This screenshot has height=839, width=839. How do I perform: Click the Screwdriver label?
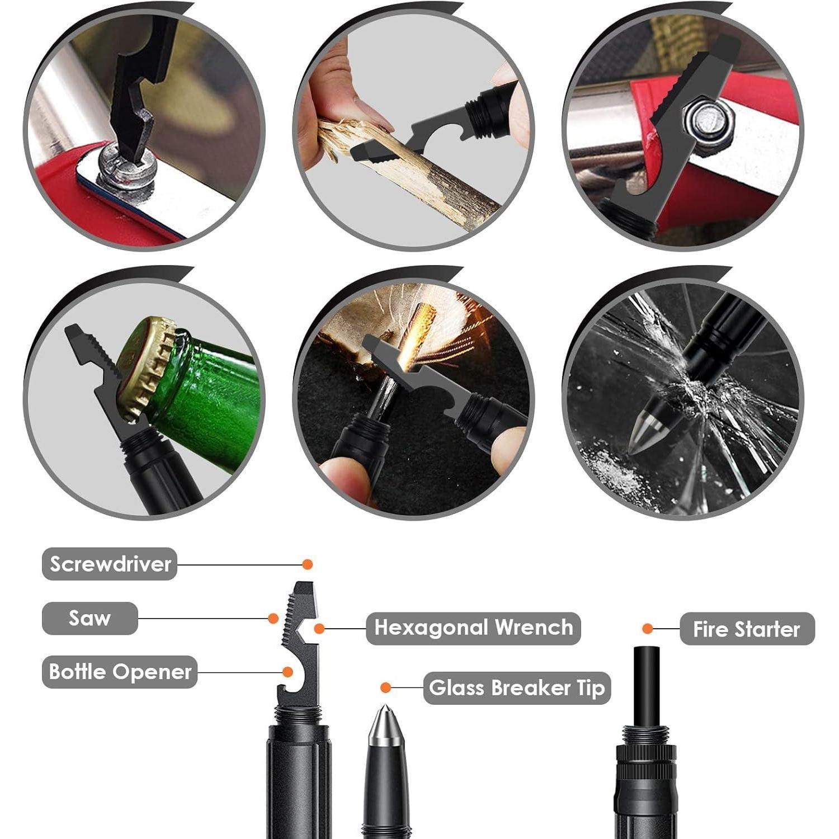(110, 564)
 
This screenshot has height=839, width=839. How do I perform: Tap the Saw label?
(89, 618)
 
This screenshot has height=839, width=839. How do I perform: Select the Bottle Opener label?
(120, 672)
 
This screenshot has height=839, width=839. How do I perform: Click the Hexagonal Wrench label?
(473, 628)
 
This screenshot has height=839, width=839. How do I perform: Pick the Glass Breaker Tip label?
(517, 688)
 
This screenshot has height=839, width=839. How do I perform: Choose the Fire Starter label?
(747, 629)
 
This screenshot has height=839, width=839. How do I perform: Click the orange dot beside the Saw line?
(273, 618)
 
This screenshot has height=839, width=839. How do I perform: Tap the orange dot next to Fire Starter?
(648, 629)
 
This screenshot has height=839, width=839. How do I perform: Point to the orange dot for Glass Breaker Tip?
(385, 687)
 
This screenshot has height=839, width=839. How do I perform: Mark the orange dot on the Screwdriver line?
(307, 564)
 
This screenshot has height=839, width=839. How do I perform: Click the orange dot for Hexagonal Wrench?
(319, 629)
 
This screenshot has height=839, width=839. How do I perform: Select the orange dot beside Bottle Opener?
(287, 672)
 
